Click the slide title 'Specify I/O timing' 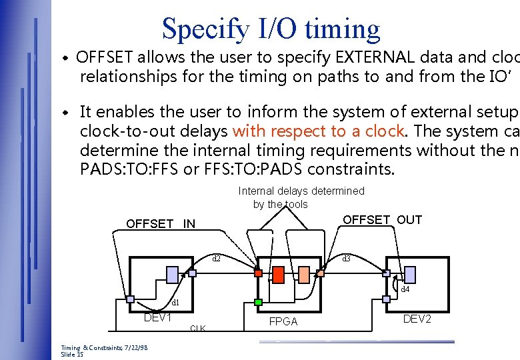(x=271, y=29)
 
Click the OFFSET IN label (x=161, y=224)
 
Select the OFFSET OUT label (x=382, y=220)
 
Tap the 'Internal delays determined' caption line (x=301, y=191)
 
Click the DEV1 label (x=158, y=317)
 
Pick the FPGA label (x=283, y=321)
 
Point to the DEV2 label (x=417, y=319)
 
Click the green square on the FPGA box (x=259, y=302)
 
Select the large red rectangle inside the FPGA (x=279, y=275)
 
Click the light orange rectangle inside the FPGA (x=304, y=275)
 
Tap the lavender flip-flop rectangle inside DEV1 (x=172, y=275)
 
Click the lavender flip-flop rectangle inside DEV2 (x=410, y=274)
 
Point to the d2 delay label (x=216, y=259)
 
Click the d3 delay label (x=346, y=259)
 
